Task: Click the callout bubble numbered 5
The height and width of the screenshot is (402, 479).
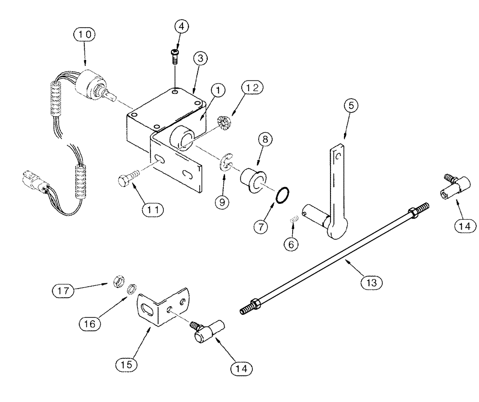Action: pyautogui.click(x=350, y=107)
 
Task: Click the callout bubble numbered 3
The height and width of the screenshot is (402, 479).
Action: pyautogui.click(x=201, y=59)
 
